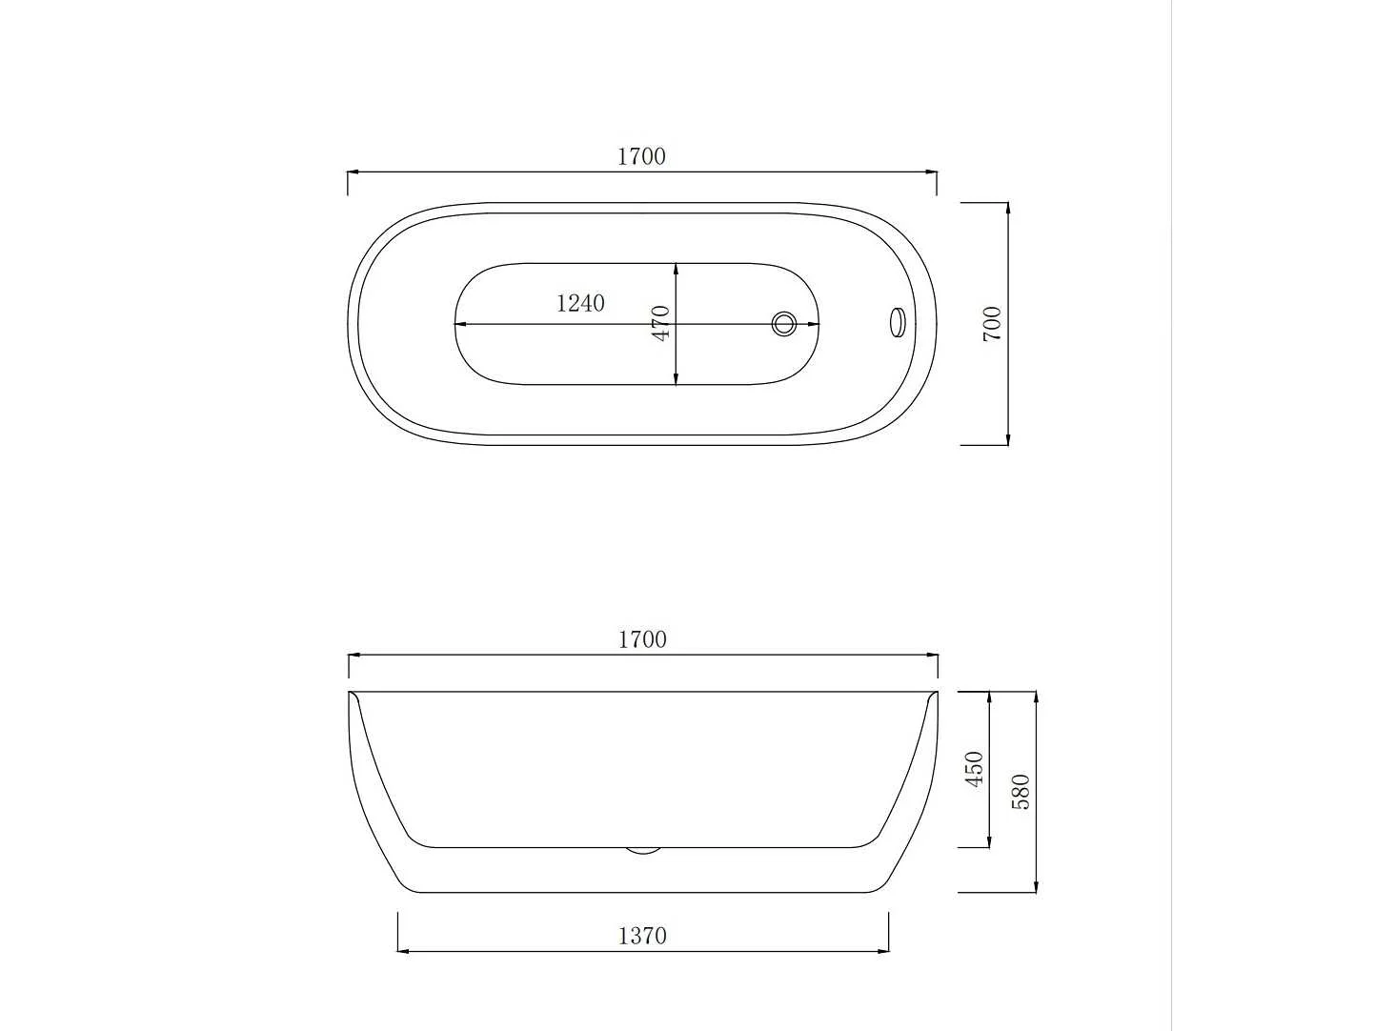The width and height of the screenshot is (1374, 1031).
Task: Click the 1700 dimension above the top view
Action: [641, 156]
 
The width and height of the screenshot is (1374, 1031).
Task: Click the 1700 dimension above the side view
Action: [642, 639]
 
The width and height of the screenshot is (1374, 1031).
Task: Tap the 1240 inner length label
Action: [580, 303]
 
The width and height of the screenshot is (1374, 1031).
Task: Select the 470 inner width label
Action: [661, 323]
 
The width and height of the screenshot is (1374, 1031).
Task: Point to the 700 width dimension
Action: [992, 324]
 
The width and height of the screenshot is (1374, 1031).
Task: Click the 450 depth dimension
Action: [975, 769]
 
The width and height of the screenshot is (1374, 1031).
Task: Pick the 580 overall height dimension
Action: [1020, 792]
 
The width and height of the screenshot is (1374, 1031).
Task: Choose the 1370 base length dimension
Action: [642, 936]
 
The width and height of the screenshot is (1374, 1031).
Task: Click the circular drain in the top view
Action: [783, 324]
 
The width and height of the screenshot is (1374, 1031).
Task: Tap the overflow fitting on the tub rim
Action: [898, 323]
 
